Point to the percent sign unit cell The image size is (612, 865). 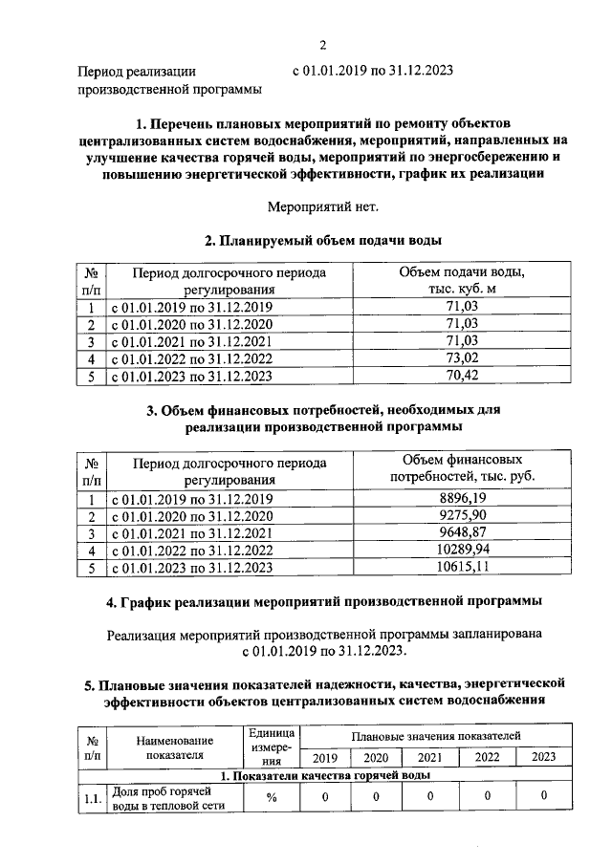click(272, 797)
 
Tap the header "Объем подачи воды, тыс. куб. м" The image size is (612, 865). click(462, 280)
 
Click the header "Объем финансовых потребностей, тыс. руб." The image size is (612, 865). click(462, 467)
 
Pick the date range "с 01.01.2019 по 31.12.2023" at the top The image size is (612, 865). click(372, 71)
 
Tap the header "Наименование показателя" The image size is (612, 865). click(174, 746)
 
